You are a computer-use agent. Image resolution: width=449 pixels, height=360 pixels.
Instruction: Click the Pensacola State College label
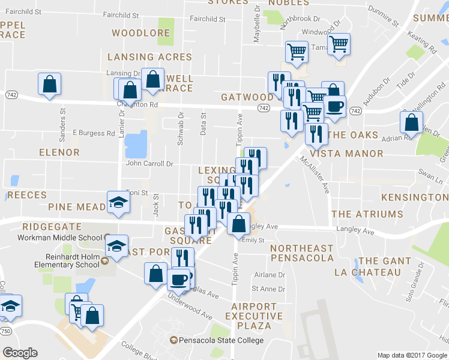point(221,341)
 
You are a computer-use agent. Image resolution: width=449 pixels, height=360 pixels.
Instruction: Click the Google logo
point(20,353)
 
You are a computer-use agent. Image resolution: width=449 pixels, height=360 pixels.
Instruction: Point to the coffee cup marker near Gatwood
point(334,107)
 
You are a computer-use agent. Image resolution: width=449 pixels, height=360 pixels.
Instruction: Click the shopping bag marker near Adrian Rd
point(412,122)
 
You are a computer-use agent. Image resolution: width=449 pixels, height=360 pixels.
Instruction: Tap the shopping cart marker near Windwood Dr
point(339,44)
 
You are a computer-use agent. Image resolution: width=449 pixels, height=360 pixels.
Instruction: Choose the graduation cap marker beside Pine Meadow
point(118,202)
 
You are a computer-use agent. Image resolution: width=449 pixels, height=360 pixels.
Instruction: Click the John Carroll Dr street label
point(149,163)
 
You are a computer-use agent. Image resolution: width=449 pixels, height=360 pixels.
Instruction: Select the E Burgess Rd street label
point(93,133)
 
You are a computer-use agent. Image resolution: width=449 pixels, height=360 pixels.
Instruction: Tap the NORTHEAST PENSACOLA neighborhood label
point(301,253)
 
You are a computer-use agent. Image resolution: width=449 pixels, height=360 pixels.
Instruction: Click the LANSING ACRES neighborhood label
point(149,57)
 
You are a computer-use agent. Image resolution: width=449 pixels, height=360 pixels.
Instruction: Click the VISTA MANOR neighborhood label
point(348,154)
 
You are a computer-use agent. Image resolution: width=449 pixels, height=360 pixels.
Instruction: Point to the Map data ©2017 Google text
point(412,355)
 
